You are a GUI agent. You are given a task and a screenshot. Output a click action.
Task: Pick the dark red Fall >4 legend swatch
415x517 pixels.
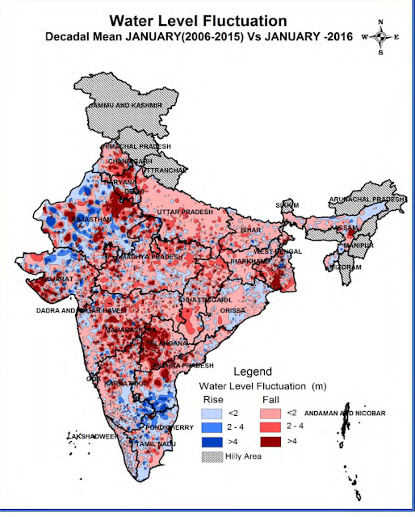275,441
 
